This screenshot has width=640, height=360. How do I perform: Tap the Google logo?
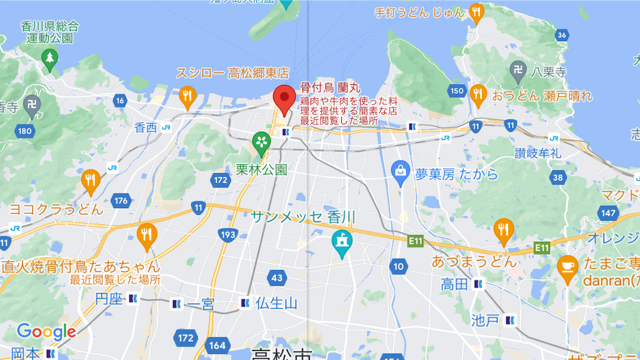tap(46, 331)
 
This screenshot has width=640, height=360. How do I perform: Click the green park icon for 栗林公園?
tap(261, 144)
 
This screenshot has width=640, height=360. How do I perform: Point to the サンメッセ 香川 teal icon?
tap(341, 242)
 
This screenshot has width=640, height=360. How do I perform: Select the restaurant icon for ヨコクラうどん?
tap(91, 180)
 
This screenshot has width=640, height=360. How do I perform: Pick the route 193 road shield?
tap(227, 235)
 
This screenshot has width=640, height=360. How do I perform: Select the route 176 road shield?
tap(121, 201)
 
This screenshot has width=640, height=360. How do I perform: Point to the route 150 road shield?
tap(457, 91)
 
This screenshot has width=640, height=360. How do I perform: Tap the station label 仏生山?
tap(276, 304)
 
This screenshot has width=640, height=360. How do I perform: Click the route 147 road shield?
tap(607, 213)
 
